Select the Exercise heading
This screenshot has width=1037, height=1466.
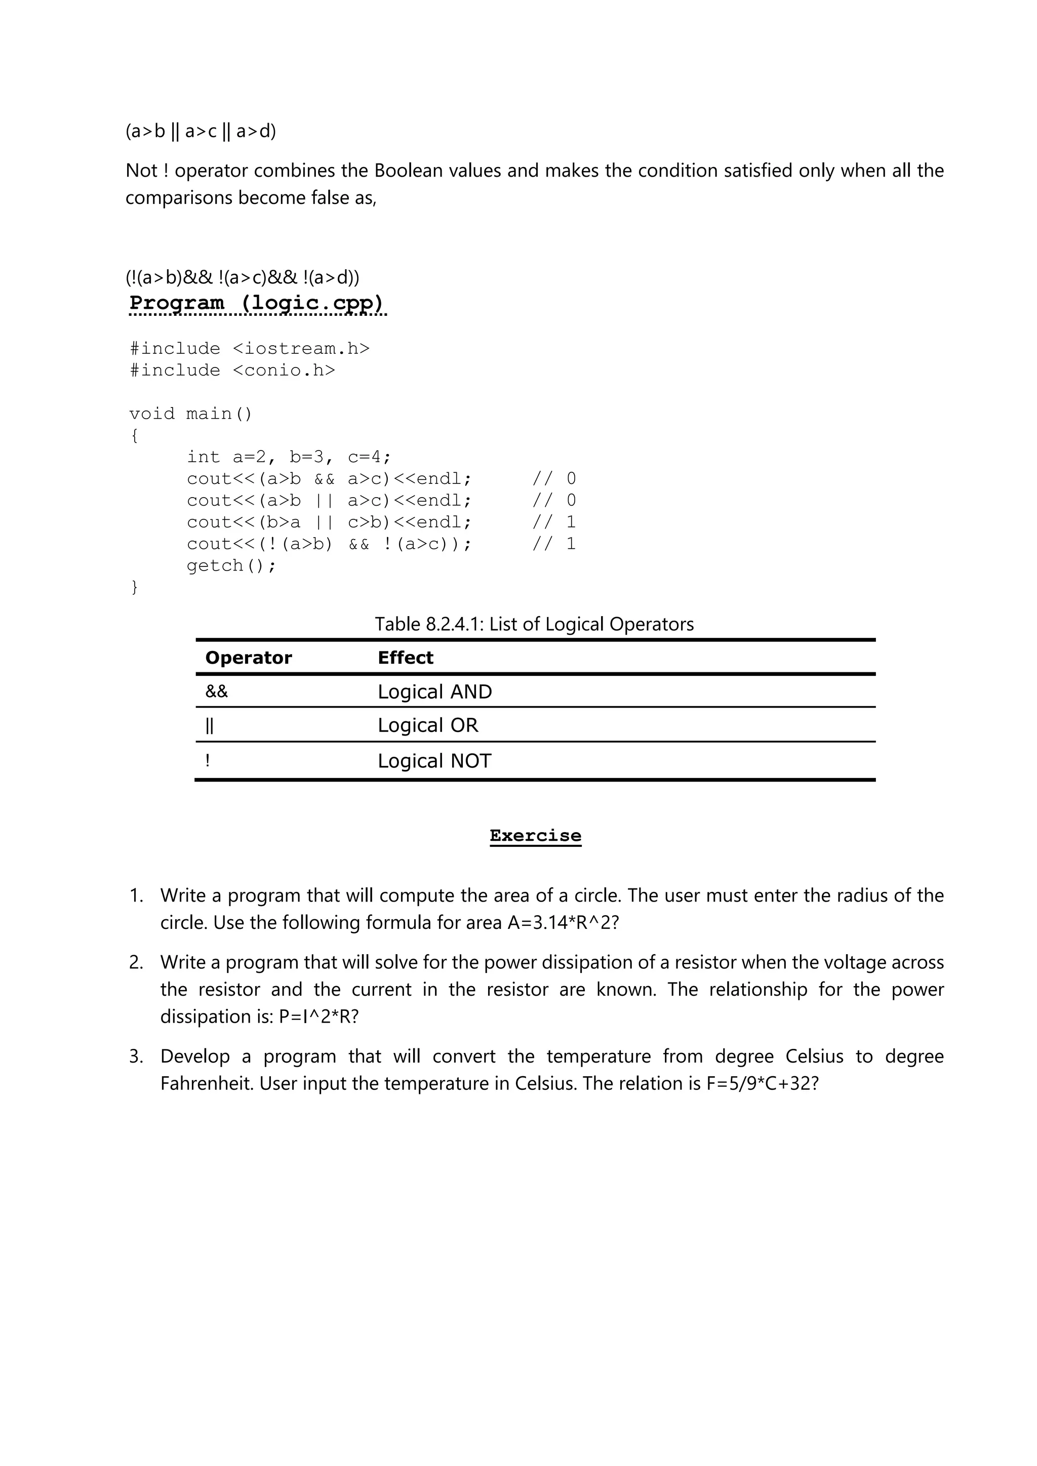pyautogui.click(x=535, y=835)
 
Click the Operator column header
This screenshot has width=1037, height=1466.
pyautogui.click(x=249, y=657)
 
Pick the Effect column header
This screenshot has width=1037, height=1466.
pyautogui.click(x=405, y=657)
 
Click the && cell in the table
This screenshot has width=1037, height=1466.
pyautogui.click(x=217, y=691)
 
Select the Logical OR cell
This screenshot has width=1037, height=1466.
pyautogui.click(x=427, y=725)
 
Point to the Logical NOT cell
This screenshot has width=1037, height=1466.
pyautogui.click(x=434, y=760)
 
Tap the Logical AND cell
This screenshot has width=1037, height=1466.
pyautogui.click(x=434, y=691)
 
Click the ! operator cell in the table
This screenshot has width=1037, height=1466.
pyautogui.click(x=208, y=760)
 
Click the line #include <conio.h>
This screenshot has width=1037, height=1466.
pyautogui.click(x=232, y=371)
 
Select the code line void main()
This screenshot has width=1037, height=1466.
pyautogui.click(x=191, y=414)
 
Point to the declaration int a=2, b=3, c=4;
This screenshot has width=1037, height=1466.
pyautogui.click(x=289, y=457)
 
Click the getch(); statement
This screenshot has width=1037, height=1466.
pyautogui.click(x=231, y=566)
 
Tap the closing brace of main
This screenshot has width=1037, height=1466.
pyautogui.click(x=134, y=587)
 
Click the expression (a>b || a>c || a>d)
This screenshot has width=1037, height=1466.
pyautogui.click(x=201, y=131)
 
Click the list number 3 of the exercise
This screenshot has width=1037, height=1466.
pyautogui.click(x=135, y=1056)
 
